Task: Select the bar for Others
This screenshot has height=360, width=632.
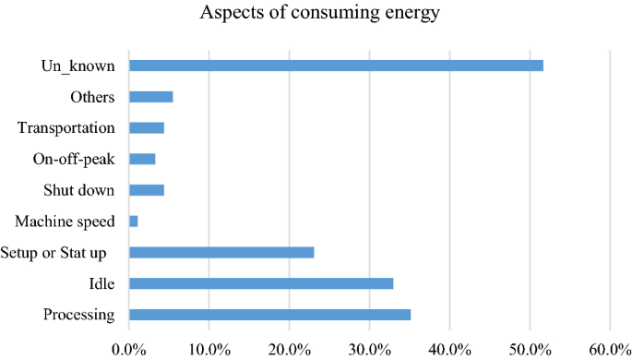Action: [150, 97]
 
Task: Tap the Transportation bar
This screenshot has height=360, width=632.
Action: [146, 127]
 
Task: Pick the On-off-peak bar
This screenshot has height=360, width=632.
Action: [142, 159]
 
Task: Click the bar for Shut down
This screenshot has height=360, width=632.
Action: [146, 190]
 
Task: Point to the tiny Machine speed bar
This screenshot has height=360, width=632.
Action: [134, 222]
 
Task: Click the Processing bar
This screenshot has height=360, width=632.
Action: [269, 315]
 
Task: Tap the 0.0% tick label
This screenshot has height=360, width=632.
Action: [128, 348]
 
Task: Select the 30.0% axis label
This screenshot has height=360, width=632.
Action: [369, 348]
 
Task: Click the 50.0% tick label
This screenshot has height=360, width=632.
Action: [530, 348]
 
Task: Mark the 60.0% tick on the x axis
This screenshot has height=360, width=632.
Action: [610, 348]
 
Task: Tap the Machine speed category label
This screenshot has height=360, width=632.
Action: [66, 222]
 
